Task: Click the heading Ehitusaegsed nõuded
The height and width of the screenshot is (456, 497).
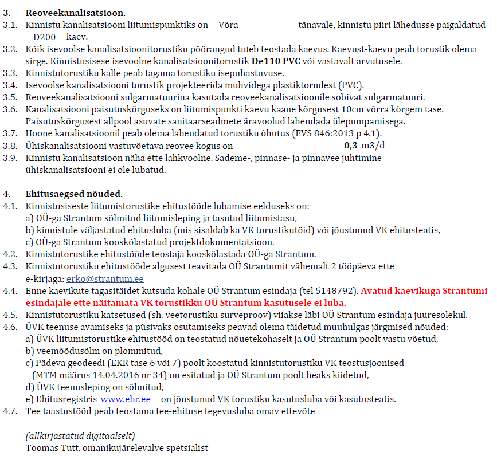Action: click(x=74, y=194)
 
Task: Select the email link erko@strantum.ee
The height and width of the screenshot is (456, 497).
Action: click(x=105, y=279)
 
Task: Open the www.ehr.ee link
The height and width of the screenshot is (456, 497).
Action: click(x=125, y=399)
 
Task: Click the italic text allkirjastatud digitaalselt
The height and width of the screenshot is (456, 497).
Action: click(x=80, y=435)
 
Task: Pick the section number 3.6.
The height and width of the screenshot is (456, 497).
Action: click(x=10, y=109)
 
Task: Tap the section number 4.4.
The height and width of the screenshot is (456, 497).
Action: click(x=10, y=290)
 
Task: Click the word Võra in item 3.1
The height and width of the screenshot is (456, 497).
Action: click(x=228, y=25)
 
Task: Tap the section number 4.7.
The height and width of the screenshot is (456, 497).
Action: click(x=10, y=411)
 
